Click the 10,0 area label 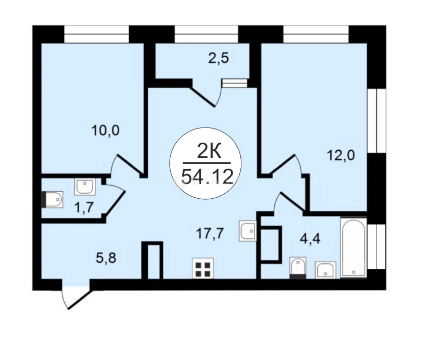tap(105, 131)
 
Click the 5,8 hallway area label tap(105, 258)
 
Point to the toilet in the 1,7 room tap(52, 199)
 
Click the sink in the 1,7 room tap(85, 187)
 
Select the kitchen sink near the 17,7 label tap(248, 231)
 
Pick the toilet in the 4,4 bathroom tap(297, 268)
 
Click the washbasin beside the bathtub tap(325, 270)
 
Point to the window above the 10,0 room tap(97, 34)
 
